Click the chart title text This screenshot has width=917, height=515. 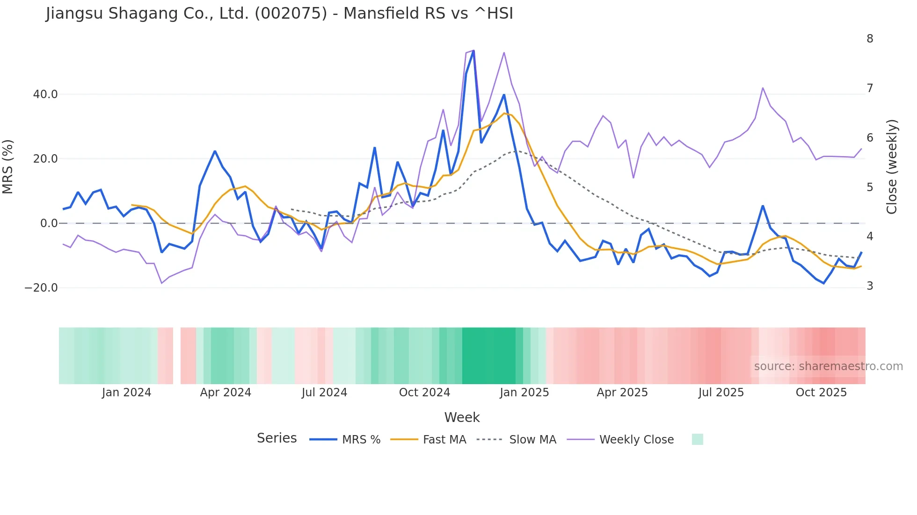pyautogui.click(x=279, y=14)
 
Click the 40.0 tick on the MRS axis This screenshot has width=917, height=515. pyautogui.click(x=45, y=94)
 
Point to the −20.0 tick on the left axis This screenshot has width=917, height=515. pyautogui.click(x=41, y=288)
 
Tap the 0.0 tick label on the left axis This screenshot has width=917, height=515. pyautogui.click(x=49, y=223)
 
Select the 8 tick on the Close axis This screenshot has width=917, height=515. pyautogui.click(x=870, y=39)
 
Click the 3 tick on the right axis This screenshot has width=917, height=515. pyautogui.click(x=870, y=286)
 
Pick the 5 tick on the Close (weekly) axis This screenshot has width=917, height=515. pyautogui.click(x=870, y=187)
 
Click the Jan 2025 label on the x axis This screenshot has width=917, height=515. pyautogui.click(x=524, y=393)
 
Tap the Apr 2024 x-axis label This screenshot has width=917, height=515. pyautogui.click(x=226, y=393)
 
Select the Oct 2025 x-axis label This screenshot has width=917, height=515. pyautogui.click(x=821, y=393)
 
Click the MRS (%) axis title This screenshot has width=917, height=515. pyautogui.click(x=8, y=167)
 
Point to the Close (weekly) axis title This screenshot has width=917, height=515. pyautogui.click(x=892, y=167)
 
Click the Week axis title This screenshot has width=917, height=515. pyautogui.click(x=462, y=417)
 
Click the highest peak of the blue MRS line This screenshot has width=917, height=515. pyautogui.click(x=473, y=51)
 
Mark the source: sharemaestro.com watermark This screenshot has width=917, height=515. pyautogui.click(x=828, y=366)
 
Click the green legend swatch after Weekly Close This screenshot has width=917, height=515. pyautogui.click(x=697, y=440)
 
